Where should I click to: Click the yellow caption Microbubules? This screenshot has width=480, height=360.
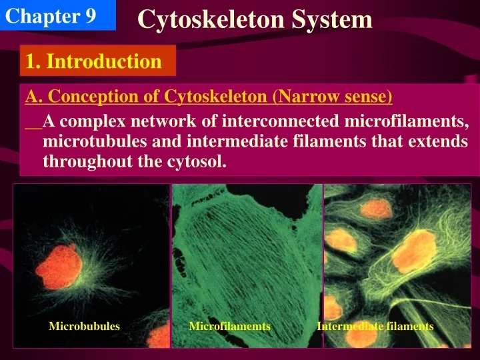[x=85, y=326]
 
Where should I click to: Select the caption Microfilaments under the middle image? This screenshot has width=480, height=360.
[x=229, y=326]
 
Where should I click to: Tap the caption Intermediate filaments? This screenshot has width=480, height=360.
[x=375, y=326]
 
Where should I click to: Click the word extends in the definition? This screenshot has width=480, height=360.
[x=437, y=141]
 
